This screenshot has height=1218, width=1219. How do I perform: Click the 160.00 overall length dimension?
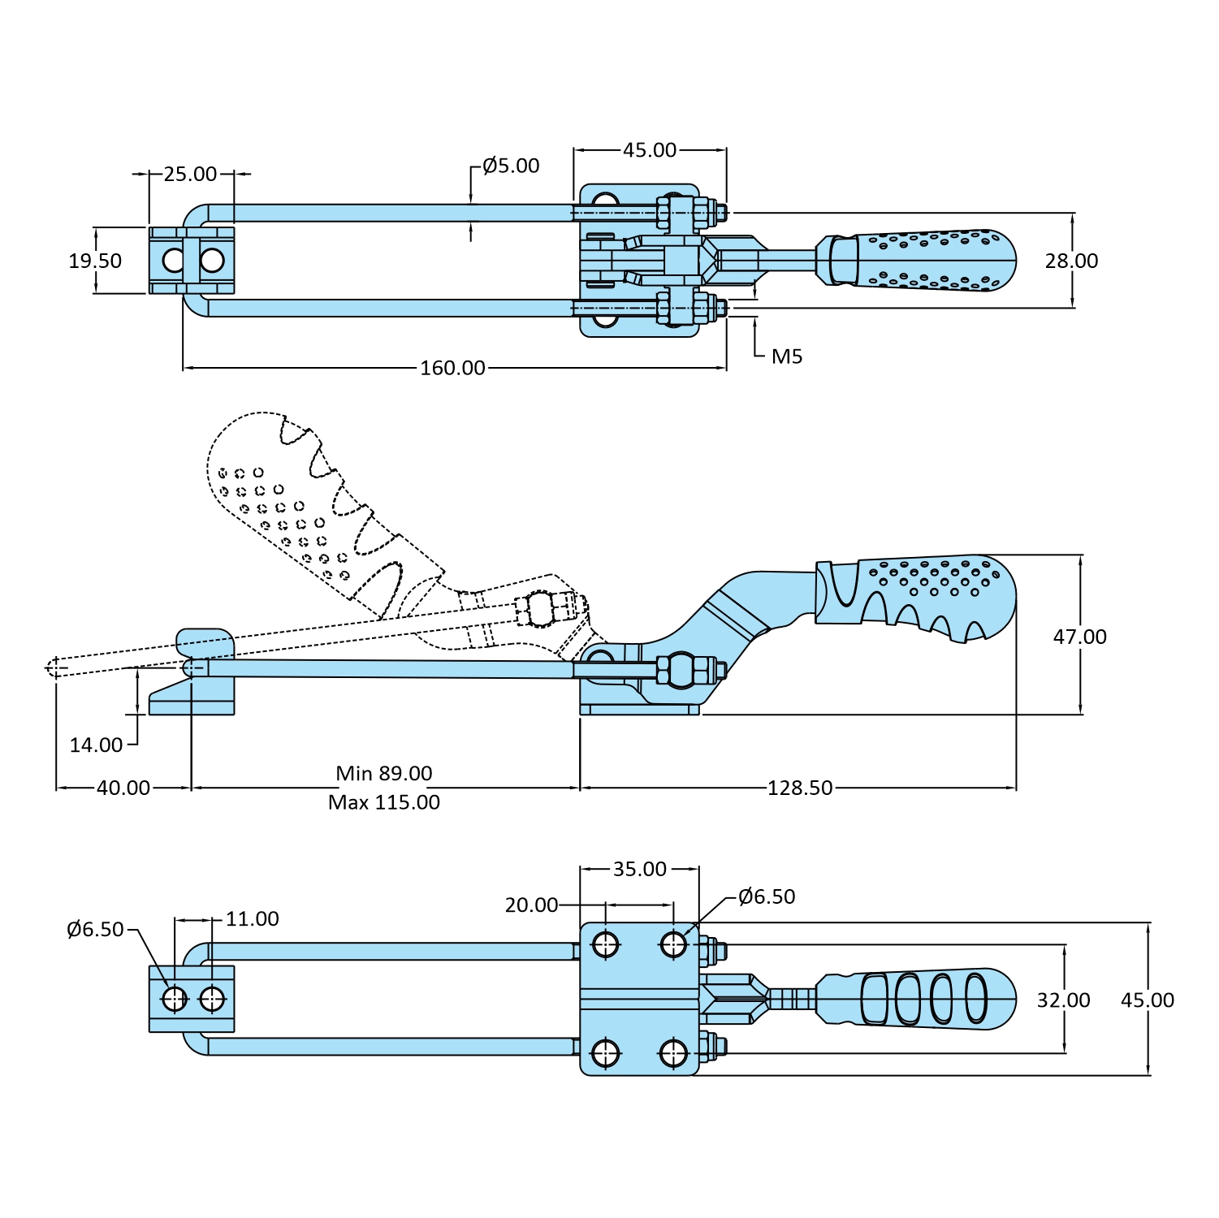pos(452,368)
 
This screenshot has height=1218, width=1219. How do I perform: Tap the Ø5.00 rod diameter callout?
pos(511,166)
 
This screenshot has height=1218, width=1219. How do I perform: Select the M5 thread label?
pos(786,356)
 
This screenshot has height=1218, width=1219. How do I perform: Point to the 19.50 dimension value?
pos(95,261)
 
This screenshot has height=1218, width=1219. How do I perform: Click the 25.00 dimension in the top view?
pos(190,174)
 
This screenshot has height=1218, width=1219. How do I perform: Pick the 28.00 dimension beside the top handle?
pos(1071,261)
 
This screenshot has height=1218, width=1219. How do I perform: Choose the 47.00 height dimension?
pos(1079,637)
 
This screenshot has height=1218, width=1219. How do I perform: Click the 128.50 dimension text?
pos(800,788)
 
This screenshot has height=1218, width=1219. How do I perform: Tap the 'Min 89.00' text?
pos(384,773)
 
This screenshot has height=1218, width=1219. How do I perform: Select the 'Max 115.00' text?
pos(384,802)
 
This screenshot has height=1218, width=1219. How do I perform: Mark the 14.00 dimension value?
pos(96,745)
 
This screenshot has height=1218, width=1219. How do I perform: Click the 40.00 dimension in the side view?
pos(123,788)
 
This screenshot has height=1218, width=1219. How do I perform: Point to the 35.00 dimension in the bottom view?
pos(640,869)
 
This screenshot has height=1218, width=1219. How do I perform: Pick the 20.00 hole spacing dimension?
pos(531,905)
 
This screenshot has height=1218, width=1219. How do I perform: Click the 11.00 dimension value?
pos(252,918)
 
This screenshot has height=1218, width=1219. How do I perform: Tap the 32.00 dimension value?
pos(1063,1000)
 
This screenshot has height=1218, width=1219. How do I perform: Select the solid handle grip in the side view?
pos(926,597)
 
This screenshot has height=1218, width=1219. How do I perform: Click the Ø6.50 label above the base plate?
pos(767,896)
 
